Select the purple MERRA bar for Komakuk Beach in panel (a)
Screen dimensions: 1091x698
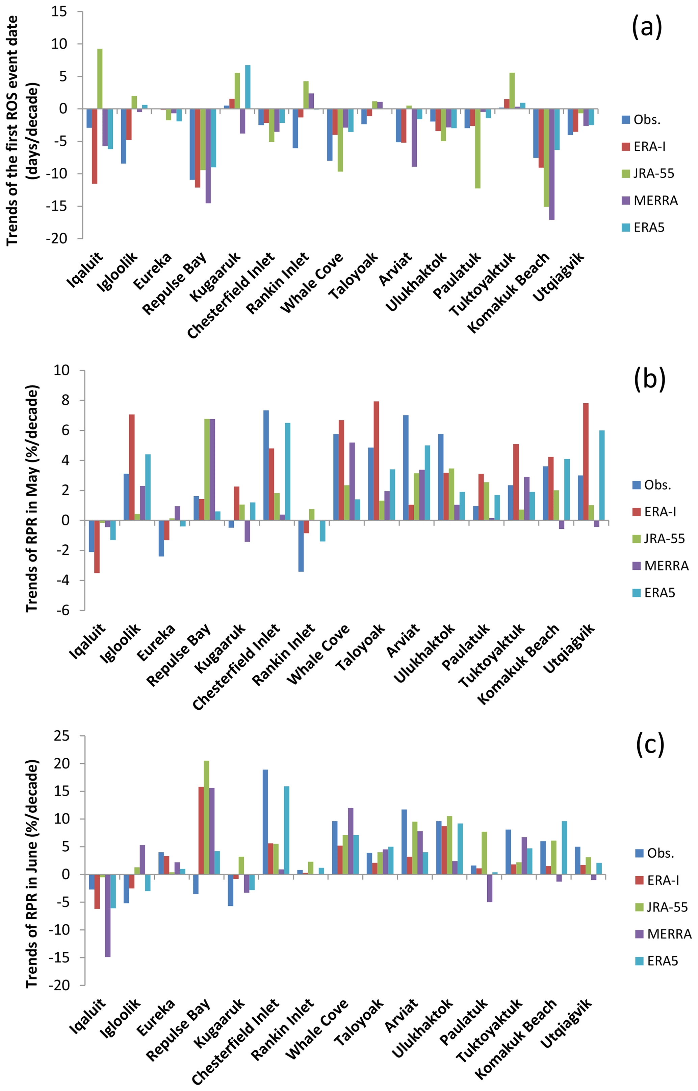(551, 164)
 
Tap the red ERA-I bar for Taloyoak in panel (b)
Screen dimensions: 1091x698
(376, 461)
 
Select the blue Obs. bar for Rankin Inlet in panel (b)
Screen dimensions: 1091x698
(301, 546)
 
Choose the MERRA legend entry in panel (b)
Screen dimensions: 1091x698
(661, 566)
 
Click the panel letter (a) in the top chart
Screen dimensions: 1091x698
(647, 27)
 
